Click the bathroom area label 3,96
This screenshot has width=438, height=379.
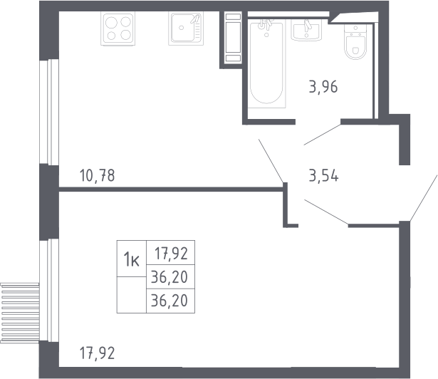tap(323, 87)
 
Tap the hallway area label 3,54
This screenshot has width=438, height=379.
tap(323, 176)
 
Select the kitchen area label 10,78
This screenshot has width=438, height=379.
tap(97, 176)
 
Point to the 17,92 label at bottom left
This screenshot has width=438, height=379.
tap(97, 353)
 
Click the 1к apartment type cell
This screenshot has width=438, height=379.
tap(132, 259)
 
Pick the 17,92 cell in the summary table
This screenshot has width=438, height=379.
tap(171, 253)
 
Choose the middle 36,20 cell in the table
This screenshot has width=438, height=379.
tap(171, 276)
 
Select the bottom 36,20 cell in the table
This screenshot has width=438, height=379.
tap(171, 301)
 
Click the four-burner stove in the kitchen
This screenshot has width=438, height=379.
tap(118, 28)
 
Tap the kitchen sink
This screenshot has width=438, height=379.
tap(186, 28)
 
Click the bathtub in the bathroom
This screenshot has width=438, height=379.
tap(266, 63)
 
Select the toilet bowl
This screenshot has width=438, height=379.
tap(355, 42)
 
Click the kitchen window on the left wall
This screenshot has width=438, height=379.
tap(49, 112)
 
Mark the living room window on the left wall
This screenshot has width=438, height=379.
tap(49, 290)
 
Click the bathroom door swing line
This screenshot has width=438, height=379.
tap(322, 135)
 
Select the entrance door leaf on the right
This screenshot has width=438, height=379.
tap(424, 198)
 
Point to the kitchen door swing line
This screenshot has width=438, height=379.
tap(271, 161)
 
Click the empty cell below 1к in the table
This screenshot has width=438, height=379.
tap(132, 295)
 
